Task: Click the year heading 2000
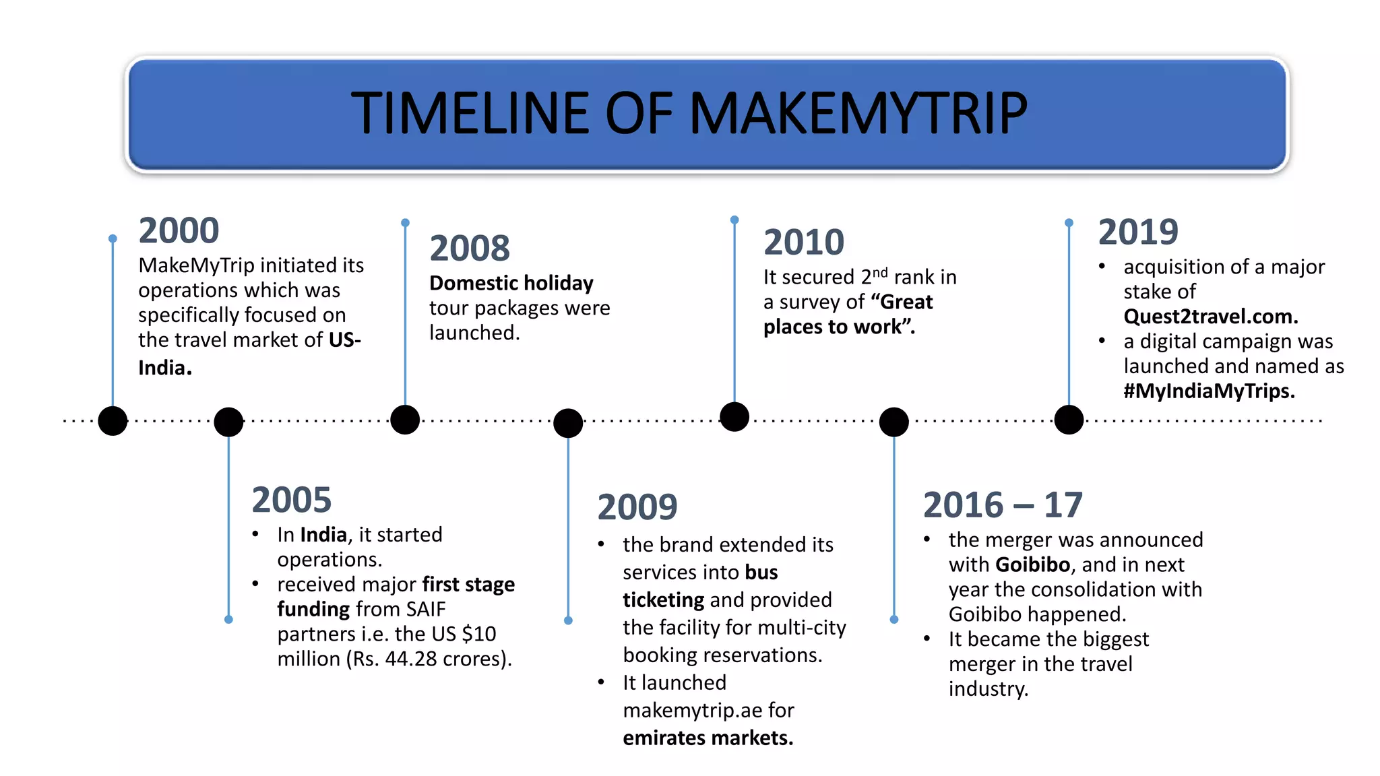[179, 230]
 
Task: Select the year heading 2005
[291, 500]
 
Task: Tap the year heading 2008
[470, 248]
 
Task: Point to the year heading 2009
[637, 507]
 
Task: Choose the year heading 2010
[803, 242]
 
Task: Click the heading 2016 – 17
[1002, 505]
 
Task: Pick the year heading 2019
[1138, 232]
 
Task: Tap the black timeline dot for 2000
[113, 421]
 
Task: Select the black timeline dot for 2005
[228, 422]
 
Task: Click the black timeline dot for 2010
[734, 416]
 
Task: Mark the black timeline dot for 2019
[1069, 420]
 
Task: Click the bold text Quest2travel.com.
[1210, 317]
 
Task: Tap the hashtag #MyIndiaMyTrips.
[1209, 391]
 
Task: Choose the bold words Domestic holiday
[511, 283]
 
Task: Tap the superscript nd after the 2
[880, 272]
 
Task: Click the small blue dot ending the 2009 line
[568, 620]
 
